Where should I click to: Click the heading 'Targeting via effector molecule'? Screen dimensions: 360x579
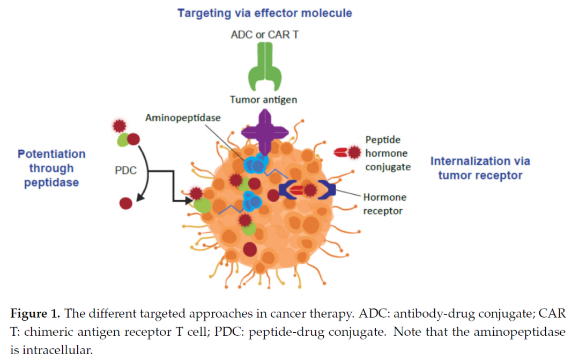(x=265, y=13)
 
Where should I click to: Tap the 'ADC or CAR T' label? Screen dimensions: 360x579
(x=264, y=35)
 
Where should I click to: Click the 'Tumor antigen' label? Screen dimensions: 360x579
(x=263, y=100)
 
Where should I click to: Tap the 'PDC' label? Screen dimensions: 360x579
(x=126, y=171)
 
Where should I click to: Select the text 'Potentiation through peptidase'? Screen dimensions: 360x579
(x=51, y=168)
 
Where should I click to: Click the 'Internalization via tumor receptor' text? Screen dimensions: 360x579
(x=480, y=168)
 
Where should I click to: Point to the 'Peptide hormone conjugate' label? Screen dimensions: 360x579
(x=388, y=153)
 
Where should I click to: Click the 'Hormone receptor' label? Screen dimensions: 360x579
(x=384, y=204)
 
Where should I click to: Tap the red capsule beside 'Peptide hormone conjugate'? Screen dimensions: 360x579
(x=340, y=153)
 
